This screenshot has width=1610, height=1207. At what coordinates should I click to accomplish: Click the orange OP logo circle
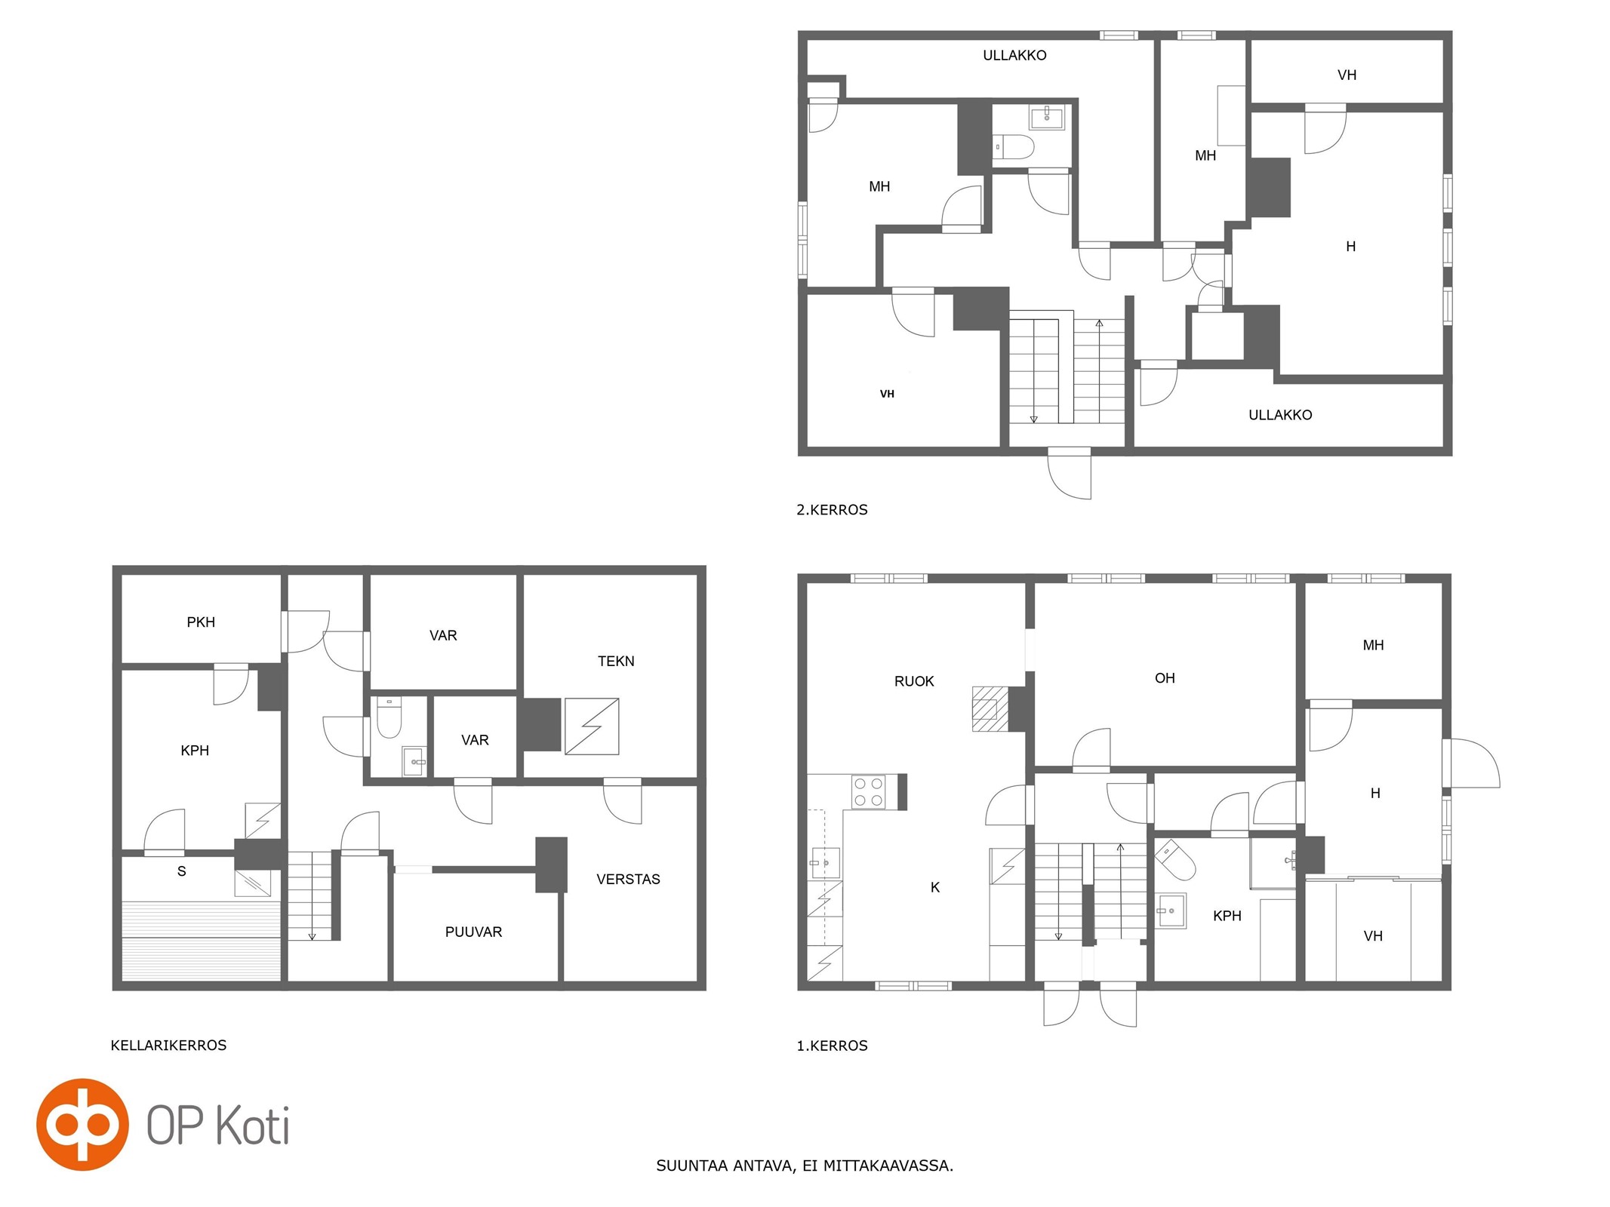[x=82, y=1124]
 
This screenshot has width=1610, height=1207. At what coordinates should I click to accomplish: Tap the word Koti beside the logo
[x=253, y=1126]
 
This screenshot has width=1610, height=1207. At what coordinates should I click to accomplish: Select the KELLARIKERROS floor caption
[x=168, y=1045]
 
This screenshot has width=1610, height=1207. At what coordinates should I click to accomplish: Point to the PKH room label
[x=201, y=622]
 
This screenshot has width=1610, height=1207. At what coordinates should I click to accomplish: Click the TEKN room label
[x=616, y=661]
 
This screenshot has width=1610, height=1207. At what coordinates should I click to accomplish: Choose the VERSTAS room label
[x=628, y=879]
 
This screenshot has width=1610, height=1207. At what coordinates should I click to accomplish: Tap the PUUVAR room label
[x=473, y=932]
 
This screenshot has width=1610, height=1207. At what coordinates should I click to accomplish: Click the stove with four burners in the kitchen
[x=868, y=791]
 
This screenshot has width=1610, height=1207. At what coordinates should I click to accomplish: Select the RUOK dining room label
[x=914, y=681]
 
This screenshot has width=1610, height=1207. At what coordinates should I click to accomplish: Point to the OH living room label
[x=1165, y=678]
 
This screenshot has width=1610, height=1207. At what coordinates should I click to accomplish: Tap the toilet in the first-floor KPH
[x=1174, y=860]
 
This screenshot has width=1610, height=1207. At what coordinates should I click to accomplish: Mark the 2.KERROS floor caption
[x=832, y=510]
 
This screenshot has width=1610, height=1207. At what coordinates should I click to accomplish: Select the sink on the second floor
[x=1047, y=118]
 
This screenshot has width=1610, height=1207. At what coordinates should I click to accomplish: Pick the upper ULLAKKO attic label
[x=1014, y=55]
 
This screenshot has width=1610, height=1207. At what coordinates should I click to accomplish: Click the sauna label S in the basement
[x=181, y=871]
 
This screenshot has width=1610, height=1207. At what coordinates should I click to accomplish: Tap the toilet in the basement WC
[x=389, y=717]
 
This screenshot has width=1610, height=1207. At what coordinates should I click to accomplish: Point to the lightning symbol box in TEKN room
[x=592, y=726]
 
